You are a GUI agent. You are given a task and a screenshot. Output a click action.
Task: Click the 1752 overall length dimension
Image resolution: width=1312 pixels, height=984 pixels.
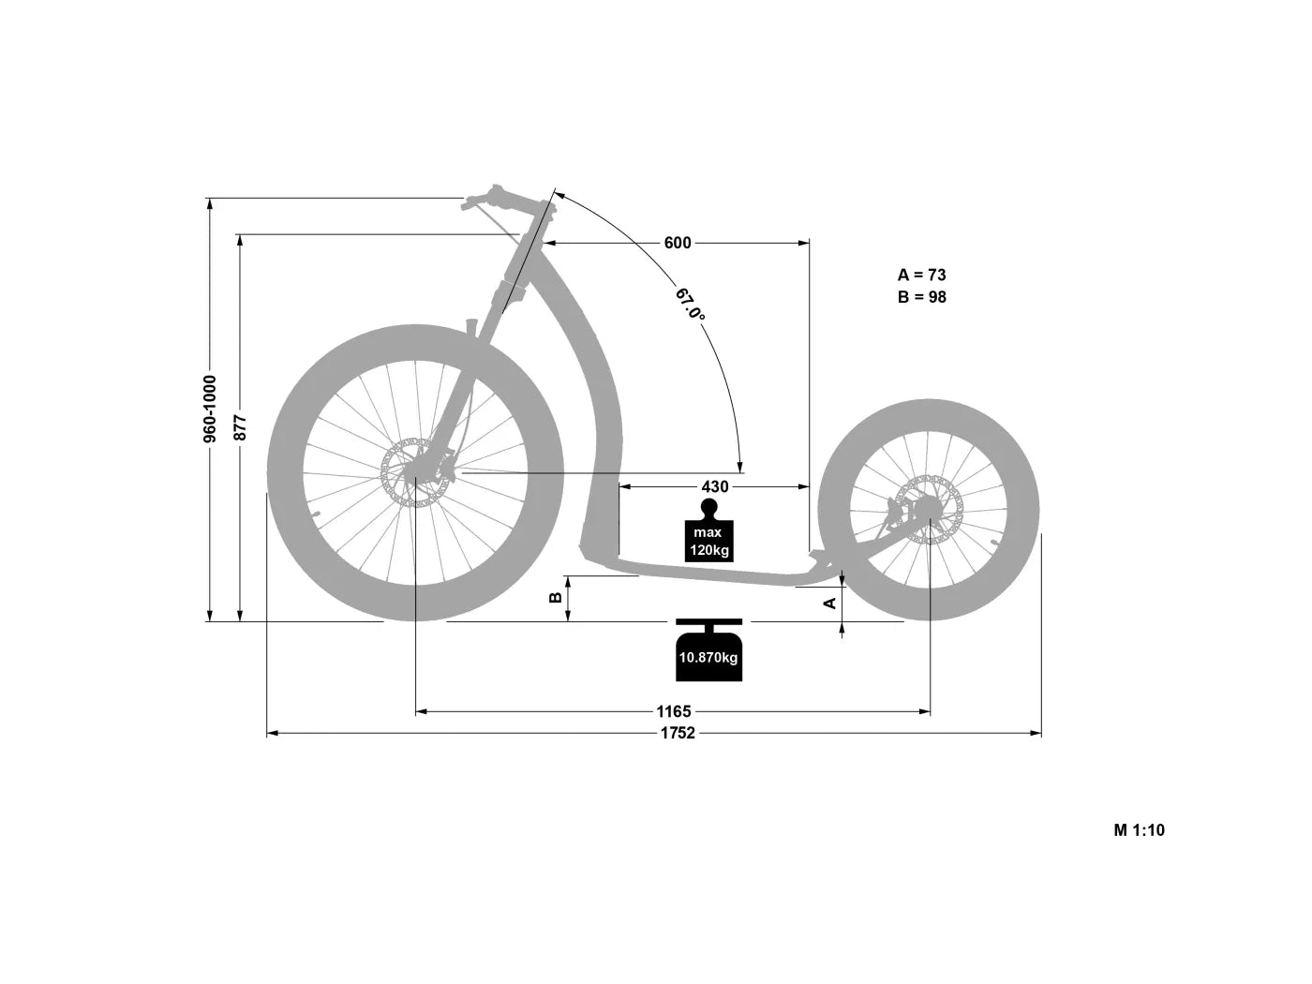coord(677,734)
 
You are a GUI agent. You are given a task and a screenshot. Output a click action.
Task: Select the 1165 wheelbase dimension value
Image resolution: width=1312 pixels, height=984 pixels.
coord(673,711)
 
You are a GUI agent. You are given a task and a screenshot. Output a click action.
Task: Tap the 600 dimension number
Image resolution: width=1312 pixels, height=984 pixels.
coord(677,244)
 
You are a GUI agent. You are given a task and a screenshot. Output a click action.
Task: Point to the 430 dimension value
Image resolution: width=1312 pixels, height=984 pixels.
coord(714,487)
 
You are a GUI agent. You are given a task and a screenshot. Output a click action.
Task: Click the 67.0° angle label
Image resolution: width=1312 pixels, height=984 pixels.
coord(691,306)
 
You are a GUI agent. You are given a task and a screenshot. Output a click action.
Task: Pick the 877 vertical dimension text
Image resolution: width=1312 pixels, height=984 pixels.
coord(240,427)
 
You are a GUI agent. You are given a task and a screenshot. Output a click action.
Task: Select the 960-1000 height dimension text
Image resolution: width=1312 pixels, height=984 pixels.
coord(210,409)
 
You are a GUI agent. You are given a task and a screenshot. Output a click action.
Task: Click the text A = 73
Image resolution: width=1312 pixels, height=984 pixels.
coord(921,275)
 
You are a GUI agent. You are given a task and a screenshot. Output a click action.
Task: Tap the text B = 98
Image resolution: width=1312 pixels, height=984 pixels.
coord(921,297)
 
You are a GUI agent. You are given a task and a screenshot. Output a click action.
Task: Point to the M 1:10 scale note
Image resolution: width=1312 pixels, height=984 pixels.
coord(1139,829)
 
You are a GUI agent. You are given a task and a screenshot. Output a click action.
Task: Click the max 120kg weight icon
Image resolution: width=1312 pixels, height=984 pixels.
coord(708,532)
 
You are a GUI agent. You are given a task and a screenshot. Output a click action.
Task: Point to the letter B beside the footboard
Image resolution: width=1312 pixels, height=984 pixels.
coord(555,597)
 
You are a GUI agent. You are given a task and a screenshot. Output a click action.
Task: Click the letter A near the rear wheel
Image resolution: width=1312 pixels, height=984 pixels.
coord(829,603)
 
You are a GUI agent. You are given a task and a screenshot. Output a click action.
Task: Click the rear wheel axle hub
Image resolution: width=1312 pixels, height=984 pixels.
coord(930,509)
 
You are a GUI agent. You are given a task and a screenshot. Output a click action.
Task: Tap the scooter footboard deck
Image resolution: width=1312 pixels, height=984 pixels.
coord(712,573)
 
